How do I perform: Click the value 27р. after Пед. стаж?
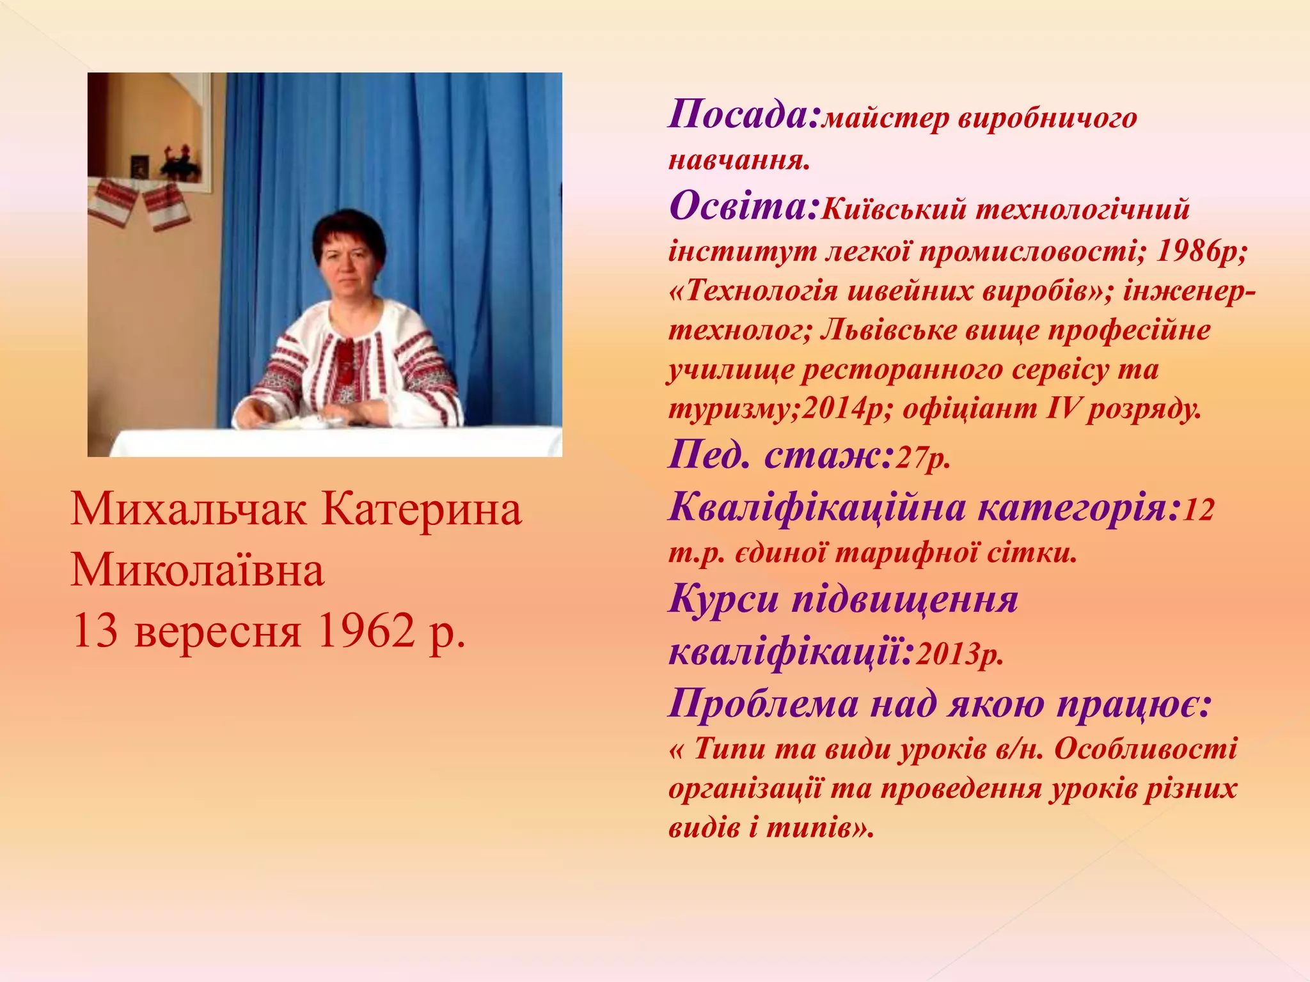pos(922,458)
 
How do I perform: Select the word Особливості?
pos(1146,749)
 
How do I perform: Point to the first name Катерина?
pos(422,510)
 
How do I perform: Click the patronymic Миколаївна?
pos(197,570)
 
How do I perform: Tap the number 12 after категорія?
pos(1198,510)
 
